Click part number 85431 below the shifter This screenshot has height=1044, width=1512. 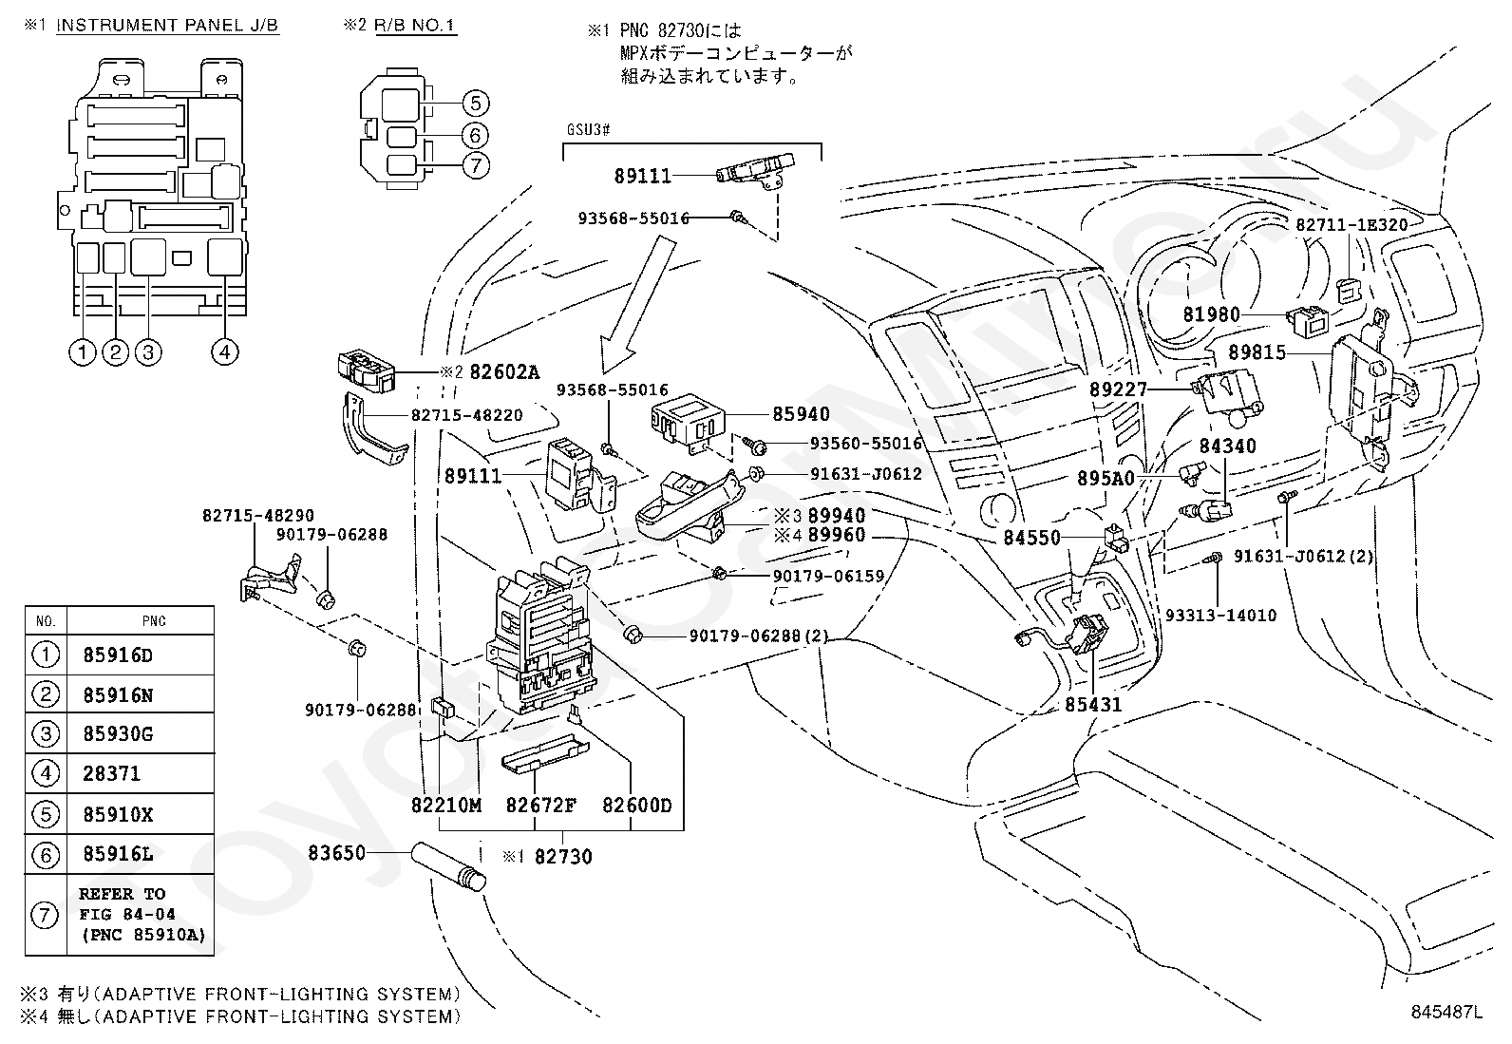pyautogui.click(x=1092, y=705)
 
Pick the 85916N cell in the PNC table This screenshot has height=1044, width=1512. pyautogui.click(x=118, y=695)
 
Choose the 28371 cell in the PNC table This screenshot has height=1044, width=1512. pyautogui.click(x=112, y=773)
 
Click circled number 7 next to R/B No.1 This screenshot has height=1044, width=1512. pyautogui.click(x=476, y=165)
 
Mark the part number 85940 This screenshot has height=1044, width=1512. pyautogui.click(x=801, y=414)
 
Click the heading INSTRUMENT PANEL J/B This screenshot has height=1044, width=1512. pyautogui.click(x=167, y=26)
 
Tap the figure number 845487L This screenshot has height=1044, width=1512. pyautogui.click(x=1446, y=1013)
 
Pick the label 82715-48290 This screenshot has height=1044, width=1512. pyautogui.click(x=257, y=516)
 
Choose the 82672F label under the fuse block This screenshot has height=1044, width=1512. pyautogui.click(x=540, y=806)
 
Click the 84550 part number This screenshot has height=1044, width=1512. pyautogui.click(x=1031, y=538)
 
